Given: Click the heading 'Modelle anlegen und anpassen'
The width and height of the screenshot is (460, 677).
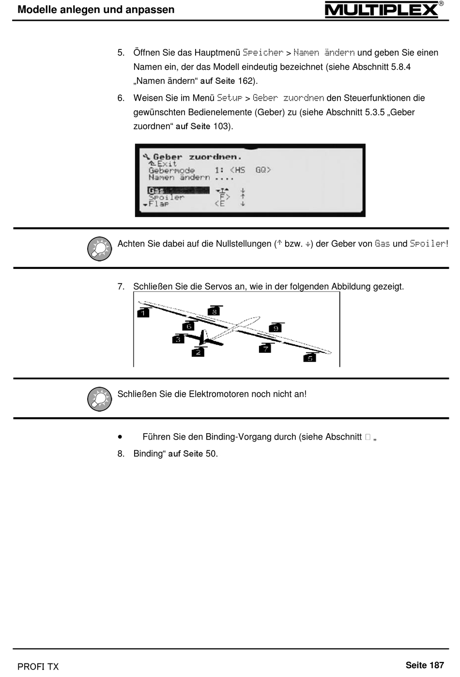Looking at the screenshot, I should (x=96, y=10).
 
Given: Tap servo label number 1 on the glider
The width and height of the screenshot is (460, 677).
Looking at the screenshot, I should (x=143, y=313).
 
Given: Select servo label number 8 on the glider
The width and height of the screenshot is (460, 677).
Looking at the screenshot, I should (x=214, y=312).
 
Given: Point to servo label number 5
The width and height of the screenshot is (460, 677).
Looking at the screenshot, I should (x=309, y=358).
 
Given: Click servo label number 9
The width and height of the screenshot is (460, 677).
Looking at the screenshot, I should (x=276, y=328).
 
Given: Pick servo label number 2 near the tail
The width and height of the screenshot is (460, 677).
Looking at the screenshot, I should (x=198, y=352).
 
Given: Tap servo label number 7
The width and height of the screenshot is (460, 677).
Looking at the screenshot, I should (x=265, y=348).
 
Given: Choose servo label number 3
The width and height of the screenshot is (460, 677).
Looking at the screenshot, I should (x=178, y=339).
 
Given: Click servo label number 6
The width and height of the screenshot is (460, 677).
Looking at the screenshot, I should (x=189, y=326).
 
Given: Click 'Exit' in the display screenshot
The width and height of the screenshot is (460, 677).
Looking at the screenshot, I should (x=166, y=164).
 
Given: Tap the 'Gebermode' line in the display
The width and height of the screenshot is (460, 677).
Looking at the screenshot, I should (x=171, y=170).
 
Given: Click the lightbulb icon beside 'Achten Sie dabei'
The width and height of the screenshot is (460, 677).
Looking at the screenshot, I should (x=99, y=249).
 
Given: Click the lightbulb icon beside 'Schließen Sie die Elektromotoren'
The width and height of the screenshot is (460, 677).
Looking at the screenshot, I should (x=99, y=399).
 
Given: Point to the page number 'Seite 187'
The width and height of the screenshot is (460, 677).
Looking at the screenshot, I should (x=425, y=665).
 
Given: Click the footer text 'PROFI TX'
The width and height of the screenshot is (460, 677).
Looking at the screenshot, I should (x=38, y=666).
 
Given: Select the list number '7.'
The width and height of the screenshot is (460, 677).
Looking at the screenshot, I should (x=121, y=286).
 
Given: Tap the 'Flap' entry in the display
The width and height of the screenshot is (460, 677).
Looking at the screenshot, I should (x=158, y=204).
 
